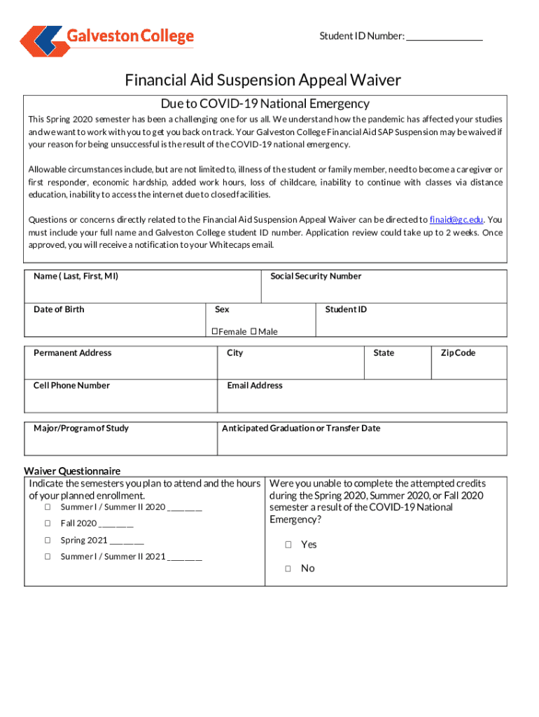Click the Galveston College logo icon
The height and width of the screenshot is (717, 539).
point(42,41)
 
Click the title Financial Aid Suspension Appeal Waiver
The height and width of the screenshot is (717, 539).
point(263,80)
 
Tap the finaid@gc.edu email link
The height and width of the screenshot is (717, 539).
point(456,219)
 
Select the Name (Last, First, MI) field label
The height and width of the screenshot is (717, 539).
point(76,276)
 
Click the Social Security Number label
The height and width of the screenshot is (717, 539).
point(316,276)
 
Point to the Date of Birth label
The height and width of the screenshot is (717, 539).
point(59,309)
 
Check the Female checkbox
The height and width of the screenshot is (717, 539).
point(215,331)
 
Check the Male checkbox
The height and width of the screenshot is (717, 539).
point(253,331)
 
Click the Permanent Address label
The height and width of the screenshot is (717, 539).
point(72,353)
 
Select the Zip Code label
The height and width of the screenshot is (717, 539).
point(458,353)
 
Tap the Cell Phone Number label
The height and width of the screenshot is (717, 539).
point(71,385)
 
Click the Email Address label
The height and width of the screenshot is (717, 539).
point(255,385)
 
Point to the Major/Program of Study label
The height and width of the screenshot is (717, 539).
point(81,428)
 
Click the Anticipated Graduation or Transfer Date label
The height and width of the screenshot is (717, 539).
point(301,428)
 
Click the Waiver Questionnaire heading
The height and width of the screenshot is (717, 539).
point(72,471)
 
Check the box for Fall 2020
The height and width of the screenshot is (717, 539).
point(48,523)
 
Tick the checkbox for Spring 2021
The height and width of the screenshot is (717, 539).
point(48,540)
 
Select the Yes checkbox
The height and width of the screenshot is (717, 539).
point(288,545)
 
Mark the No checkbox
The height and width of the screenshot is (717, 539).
point(288,569)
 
